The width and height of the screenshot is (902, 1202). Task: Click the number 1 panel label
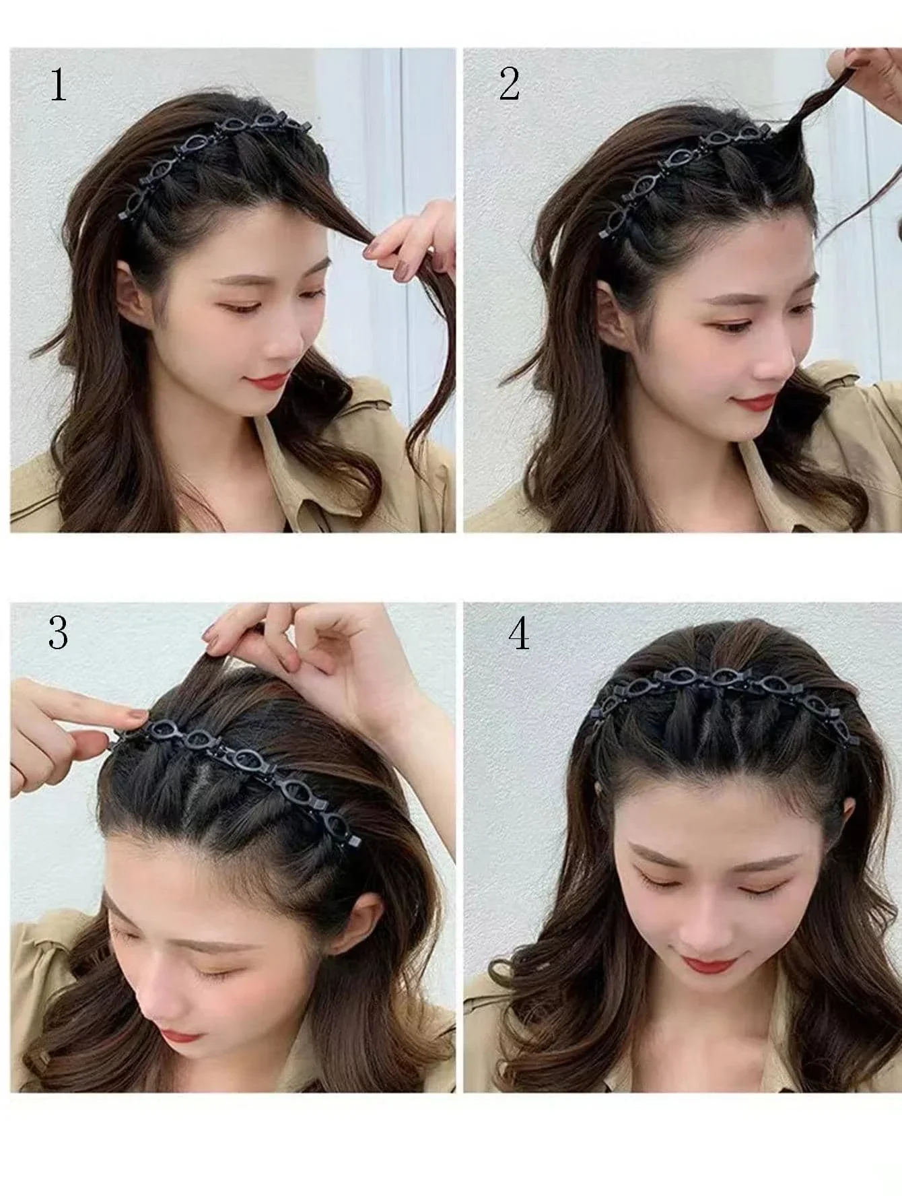coord(59,86)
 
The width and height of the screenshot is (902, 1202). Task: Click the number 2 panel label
coord(510,86)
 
